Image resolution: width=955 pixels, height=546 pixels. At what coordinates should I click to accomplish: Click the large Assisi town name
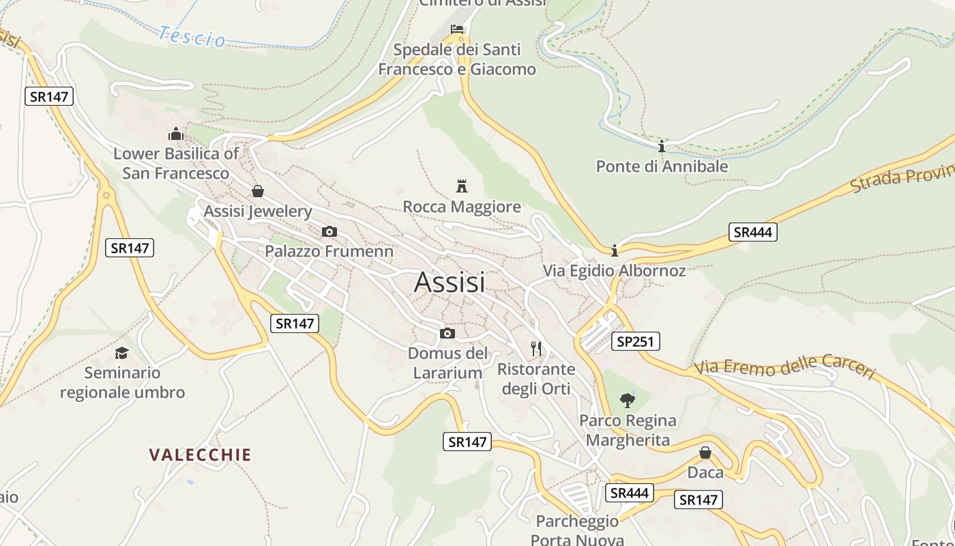tap(450, 282)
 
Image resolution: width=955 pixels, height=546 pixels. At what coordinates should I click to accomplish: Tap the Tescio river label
tap(192, 37)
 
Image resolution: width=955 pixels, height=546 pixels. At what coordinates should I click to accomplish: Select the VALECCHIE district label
tap(201, 455)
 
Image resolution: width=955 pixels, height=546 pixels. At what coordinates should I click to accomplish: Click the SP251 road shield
tap(635, 341)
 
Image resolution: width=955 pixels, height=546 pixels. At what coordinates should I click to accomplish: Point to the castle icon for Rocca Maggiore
tap(462, 186)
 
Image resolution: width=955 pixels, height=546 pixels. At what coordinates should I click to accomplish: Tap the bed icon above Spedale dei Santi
tap(457, 29)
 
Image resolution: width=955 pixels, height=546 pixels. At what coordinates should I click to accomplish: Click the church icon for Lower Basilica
tap(176, 133)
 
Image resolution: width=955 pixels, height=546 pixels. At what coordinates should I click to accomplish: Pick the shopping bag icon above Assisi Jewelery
tap(258, 191)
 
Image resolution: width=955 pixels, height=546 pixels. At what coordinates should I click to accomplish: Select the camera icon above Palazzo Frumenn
tap(329, 231)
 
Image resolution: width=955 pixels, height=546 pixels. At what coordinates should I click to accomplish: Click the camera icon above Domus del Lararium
tap(447, 333)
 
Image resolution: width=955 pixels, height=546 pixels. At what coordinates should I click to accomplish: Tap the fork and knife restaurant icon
tap(536, 349)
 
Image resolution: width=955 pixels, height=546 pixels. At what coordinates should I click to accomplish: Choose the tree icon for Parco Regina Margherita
tap(628, 400)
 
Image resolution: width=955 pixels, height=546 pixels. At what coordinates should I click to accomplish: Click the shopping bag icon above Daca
tap(705, 452)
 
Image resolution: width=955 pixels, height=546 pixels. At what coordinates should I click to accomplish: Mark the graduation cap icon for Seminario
tap(121, 353)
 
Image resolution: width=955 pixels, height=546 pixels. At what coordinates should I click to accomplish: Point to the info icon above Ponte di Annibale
tap(661, 146)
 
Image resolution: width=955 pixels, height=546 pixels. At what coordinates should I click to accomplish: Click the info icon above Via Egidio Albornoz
tap(615, 250)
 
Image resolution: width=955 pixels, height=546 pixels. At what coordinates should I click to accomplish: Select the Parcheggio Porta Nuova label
tap(577, 530)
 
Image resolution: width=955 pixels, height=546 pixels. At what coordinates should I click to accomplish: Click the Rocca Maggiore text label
tap(462, 207)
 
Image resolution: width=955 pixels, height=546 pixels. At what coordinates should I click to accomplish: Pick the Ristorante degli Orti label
tap(536, 379)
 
